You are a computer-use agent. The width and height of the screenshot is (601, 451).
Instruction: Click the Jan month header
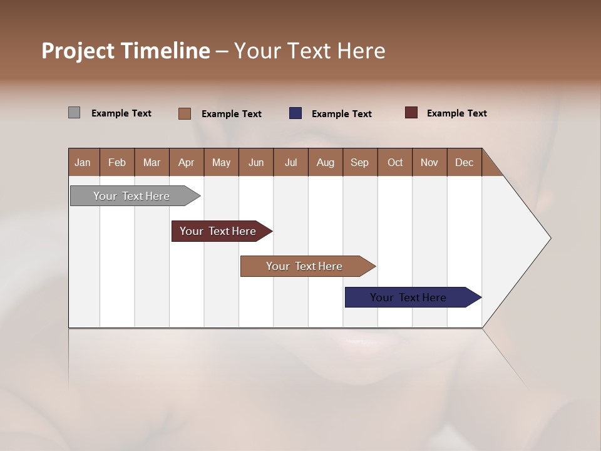click(x=83, y=162)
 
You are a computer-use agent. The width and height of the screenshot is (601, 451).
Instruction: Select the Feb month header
click(x=117, y=162)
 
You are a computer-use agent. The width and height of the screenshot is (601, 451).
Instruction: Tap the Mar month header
click(x=152, y=162)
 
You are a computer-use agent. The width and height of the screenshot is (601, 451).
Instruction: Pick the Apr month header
click(x=187, y=162)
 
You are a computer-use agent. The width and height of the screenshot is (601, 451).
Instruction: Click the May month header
click(x=221, y=162)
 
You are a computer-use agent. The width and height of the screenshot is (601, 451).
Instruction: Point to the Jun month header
click(x=256, y=162)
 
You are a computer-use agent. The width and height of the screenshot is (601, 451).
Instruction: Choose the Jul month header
click(x=290, y=162)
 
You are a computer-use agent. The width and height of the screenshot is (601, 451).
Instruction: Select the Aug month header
click(x=326, y=162)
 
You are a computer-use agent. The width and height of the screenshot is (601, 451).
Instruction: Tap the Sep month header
click(x=360, y=162)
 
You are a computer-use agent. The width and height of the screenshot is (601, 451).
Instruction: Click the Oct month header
click(x=395, y=162)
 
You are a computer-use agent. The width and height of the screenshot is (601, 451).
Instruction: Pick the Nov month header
click(x=429, y=162)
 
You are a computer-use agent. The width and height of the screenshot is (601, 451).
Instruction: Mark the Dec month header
click(x=465, y=162)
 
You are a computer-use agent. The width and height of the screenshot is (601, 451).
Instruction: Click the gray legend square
click(x=74, y=113)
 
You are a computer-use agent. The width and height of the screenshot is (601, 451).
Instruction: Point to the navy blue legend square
click(x=295, y=113)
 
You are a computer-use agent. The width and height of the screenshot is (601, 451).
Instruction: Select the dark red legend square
click(x=411, y=113)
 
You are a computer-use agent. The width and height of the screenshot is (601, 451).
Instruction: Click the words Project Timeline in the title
click(x=126, y=51)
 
